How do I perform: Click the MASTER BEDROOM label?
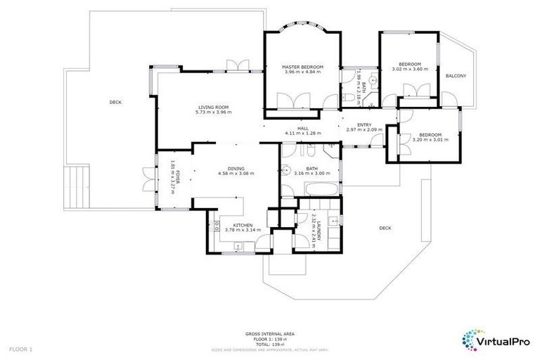coord(302,66)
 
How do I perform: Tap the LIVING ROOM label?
coord(212,107)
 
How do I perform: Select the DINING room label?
coord(236,168)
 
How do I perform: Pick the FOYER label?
coord(178,171)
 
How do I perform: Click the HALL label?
coord(303,128)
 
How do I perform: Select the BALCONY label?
coord(456,76)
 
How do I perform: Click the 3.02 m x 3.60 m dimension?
coord(409,69)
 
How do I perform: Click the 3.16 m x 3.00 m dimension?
coord(312,173)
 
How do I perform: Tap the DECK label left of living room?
coord(115,103)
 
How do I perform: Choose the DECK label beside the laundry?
coord(385,228)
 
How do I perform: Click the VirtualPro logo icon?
coord(472,339)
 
